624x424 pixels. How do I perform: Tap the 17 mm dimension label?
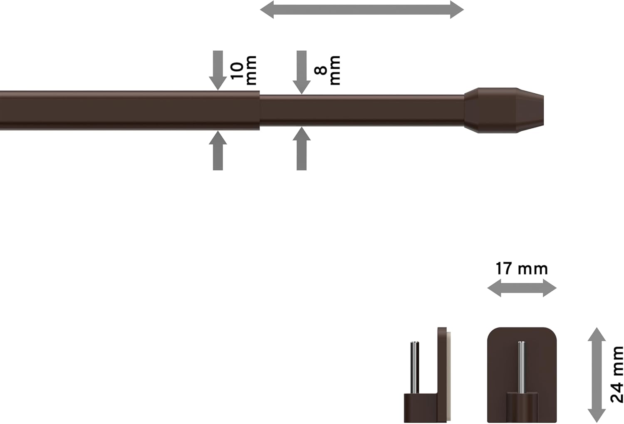click(x=521, y=269)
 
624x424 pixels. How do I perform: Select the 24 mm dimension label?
click(x=617, y=374)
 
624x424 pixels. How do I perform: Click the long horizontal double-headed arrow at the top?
click(x=362, y=10)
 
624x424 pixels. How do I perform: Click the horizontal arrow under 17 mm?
click(x=522, y=288)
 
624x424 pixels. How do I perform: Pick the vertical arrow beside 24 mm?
click(x=597, y=374)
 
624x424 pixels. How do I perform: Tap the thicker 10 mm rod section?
click(x=125, y=110)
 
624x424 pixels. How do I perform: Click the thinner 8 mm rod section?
click(x=362, y=110)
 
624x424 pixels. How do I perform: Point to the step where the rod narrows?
click(x=260, y=110)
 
